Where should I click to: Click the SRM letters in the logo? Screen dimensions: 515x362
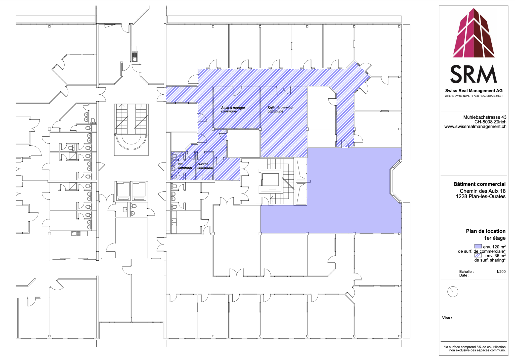pos(474,74)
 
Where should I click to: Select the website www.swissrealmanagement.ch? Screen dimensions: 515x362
pos(475,127)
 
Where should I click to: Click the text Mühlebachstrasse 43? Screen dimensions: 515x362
pos(485,117)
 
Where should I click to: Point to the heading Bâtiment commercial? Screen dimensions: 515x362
pos(479,184)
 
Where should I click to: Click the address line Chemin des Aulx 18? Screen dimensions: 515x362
pos(483,191)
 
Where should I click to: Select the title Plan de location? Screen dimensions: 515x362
pos(486,231)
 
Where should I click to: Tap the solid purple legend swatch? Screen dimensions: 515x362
pos(478,246)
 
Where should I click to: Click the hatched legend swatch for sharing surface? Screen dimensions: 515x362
pos(478,255)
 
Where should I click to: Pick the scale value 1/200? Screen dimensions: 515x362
pos(501,272)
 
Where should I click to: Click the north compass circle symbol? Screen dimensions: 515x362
pos(453,292)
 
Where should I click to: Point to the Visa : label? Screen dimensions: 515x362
pos(447,318)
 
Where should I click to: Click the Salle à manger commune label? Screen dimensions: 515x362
pos(233,109)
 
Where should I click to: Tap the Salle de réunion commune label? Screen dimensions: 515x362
pos(280,109)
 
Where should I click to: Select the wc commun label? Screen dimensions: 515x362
pos(185,166)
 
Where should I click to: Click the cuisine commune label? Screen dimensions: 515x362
pos(205,166)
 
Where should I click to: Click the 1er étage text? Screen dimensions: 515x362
pos(495,238)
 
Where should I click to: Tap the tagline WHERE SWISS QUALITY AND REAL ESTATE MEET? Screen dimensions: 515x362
pos(474,96)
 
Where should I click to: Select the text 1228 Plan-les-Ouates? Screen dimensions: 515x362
pos(481,196)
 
